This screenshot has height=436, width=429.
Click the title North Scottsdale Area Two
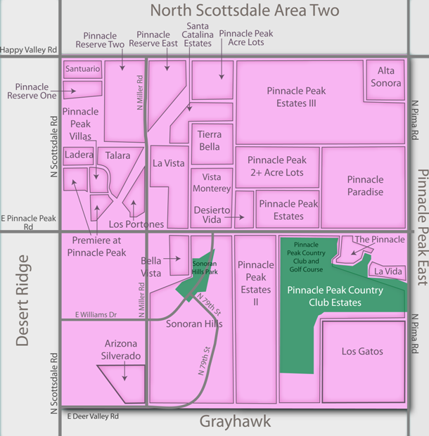245,11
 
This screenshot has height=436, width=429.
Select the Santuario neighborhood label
82,69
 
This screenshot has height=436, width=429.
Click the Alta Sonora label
386,77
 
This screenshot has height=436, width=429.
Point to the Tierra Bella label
209,140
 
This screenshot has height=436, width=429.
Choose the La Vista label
169,163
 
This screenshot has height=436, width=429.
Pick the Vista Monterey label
211,183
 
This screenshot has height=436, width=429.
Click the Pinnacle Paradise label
365,186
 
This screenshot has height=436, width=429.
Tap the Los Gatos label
362,351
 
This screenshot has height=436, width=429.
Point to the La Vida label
388,271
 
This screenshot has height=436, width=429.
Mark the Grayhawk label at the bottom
234,422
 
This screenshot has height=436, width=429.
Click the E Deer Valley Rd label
94,416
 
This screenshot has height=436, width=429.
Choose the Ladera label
78,154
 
